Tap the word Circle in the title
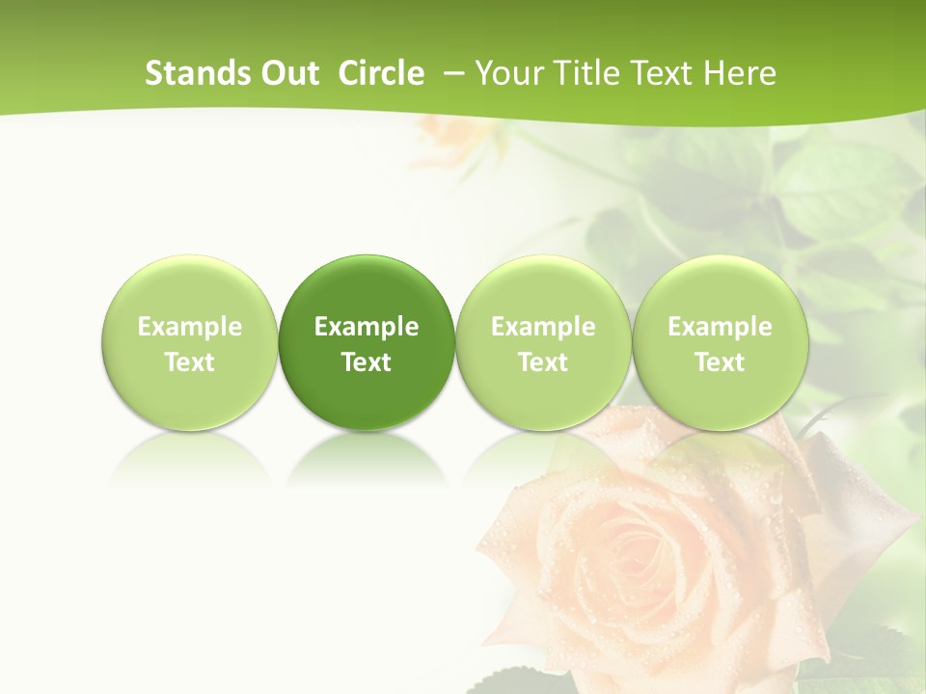tap(381, 73)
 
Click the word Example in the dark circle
tap(367, 327)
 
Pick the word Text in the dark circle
tap(367, 362)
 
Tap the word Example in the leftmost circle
tap(189, 327)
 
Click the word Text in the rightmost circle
tap(720, 362)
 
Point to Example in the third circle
tap(543, 327)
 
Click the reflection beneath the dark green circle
tap(367, 458)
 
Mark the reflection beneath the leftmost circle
tap(189, 458)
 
